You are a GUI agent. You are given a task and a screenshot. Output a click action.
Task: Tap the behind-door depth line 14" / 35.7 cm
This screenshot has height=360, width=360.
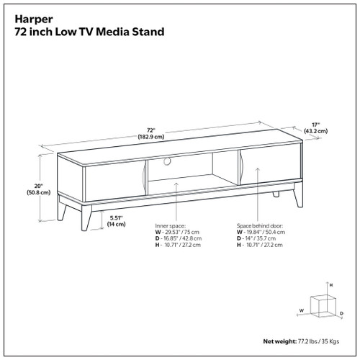(x=257, y=239)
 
